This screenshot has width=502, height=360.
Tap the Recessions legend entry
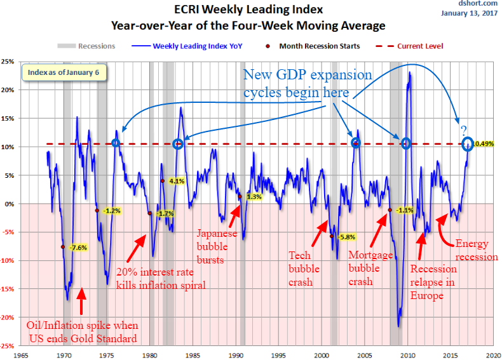point(89,46)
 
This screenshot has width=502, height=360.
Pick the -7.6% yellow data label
point(78,247)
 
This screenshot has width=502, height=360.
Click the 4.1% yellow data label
point(177,181)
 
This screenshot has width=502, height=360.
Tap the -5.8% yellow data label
point(347,237)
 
